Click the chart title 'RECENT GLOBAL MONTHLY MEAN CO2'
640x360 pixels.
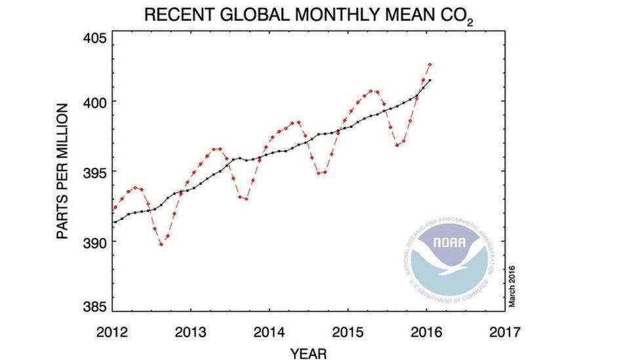308,14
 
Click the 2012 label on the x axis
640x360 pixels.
112,332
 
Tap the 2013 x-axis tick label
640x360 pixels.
191,332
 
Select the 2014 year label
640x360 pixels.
270,332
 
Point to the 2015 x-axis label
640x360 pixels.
348,332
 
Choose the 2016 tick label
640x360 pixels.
427,332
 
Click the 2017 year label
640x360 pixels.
504,332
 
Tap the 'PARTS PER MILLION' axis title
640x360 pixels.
62,171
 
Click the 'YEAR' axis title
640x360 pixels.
308,353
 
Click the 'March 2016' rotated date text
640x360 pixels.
512,285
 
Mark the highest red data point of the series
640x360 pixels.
430,64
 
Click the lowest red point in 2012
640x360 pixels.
161,244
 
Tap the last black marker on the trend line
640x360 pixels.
430,80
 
